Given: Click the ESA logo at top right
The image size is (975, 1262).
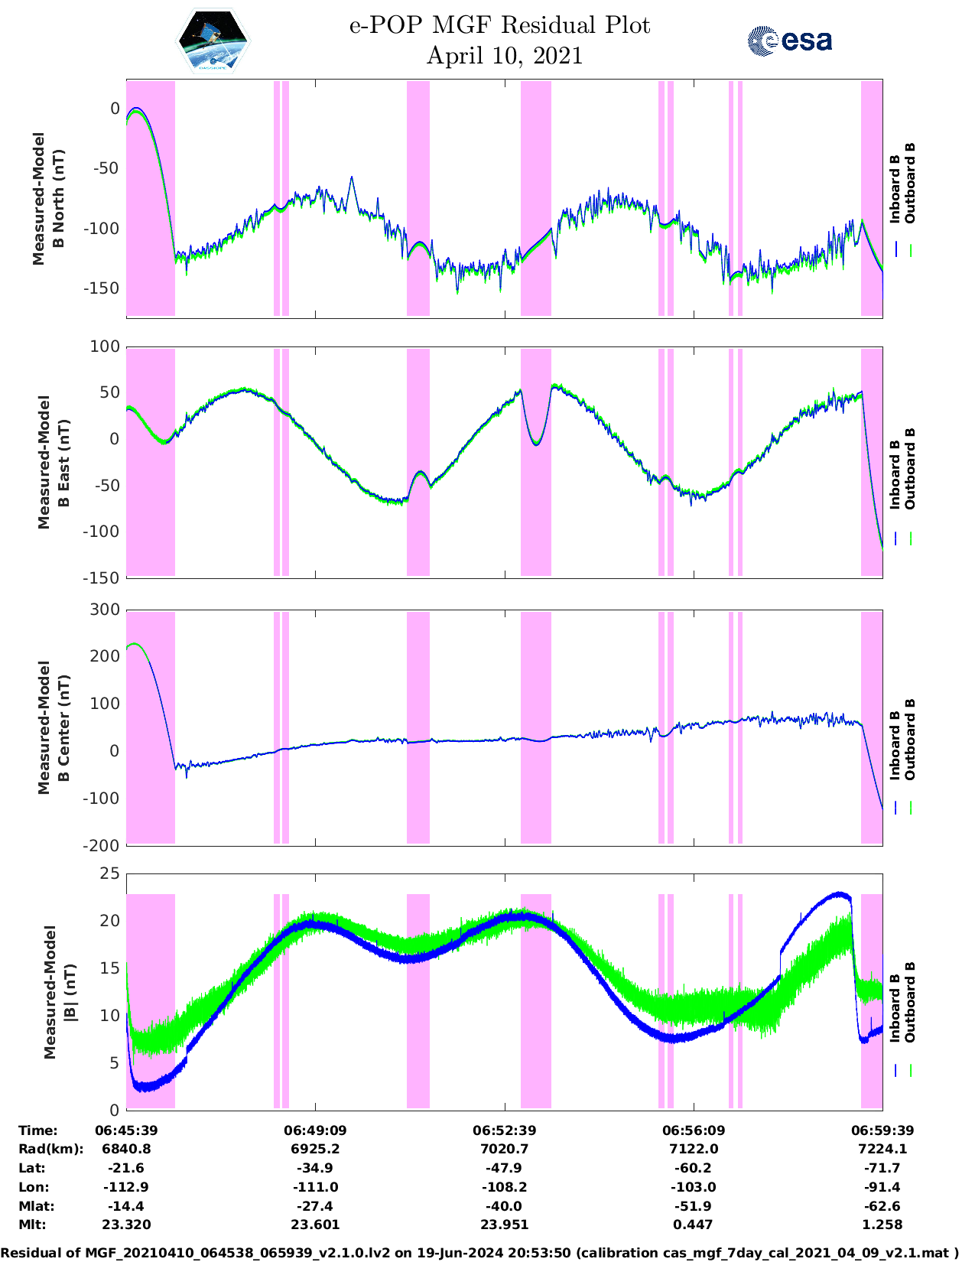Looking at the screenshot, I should [x=789, y=41].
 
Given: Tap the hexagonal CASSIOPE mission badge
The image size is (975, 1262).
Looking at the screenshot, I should [x=213, y=41].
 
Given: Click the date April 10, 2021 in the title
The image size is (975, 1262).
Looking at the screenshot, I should [x=504, y=56].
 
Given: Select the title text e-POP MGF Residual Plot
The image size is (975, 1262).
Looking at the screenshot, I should [x=499, y=25].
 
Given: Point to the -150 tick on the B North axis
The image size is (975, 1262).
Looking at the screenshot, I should [x=102, y=288].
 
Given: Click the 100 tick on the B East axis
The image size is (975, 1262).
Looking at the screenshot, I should [x=106, y=346].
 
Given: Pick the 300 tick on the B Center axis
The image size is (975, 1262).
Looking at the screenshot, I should [x=106, y=610].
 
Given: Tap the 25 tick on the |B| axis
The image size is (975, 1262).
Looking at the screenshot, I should [x=110, y=873].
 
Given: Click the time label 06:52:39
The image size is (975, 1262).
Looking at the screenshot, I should [x=504, y=1130].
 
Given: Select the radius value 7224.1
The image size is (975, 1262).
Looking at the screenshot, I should [x=882, y=1149].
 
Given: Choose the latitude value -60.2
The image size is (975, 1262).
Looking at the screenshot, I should [x=694, y=1168].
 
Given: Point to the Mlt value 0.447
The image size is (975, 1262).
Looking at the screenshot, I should [x=694, y=1225].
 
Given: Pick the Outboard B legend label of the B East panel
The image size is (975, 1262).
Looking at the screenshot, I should [x=910, y=469].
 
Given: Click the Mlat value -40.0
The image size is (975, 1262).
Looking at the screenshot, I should [x=504, y=1206].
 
